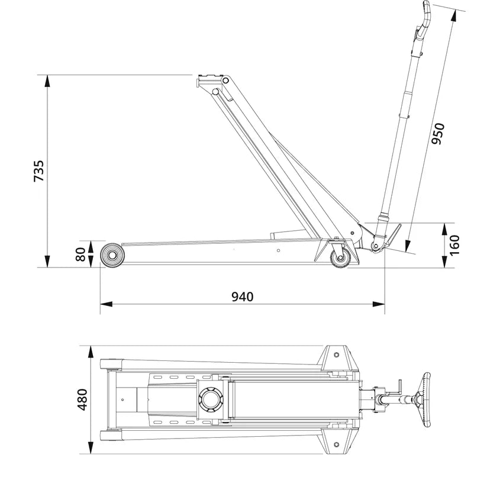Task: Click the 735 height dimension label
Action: [38, 170]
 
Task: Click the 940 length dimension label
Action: [242, 296]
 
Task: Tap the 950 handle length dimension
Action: [438, 134]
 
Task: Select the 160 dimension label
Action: [454, 245]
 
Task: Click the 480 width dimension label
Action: [82, 399]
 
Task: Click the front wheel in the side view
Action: [111, 256]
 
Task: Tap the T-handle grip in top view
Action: [425, 399]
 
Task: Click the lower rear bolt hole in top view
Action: [337, 445]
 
